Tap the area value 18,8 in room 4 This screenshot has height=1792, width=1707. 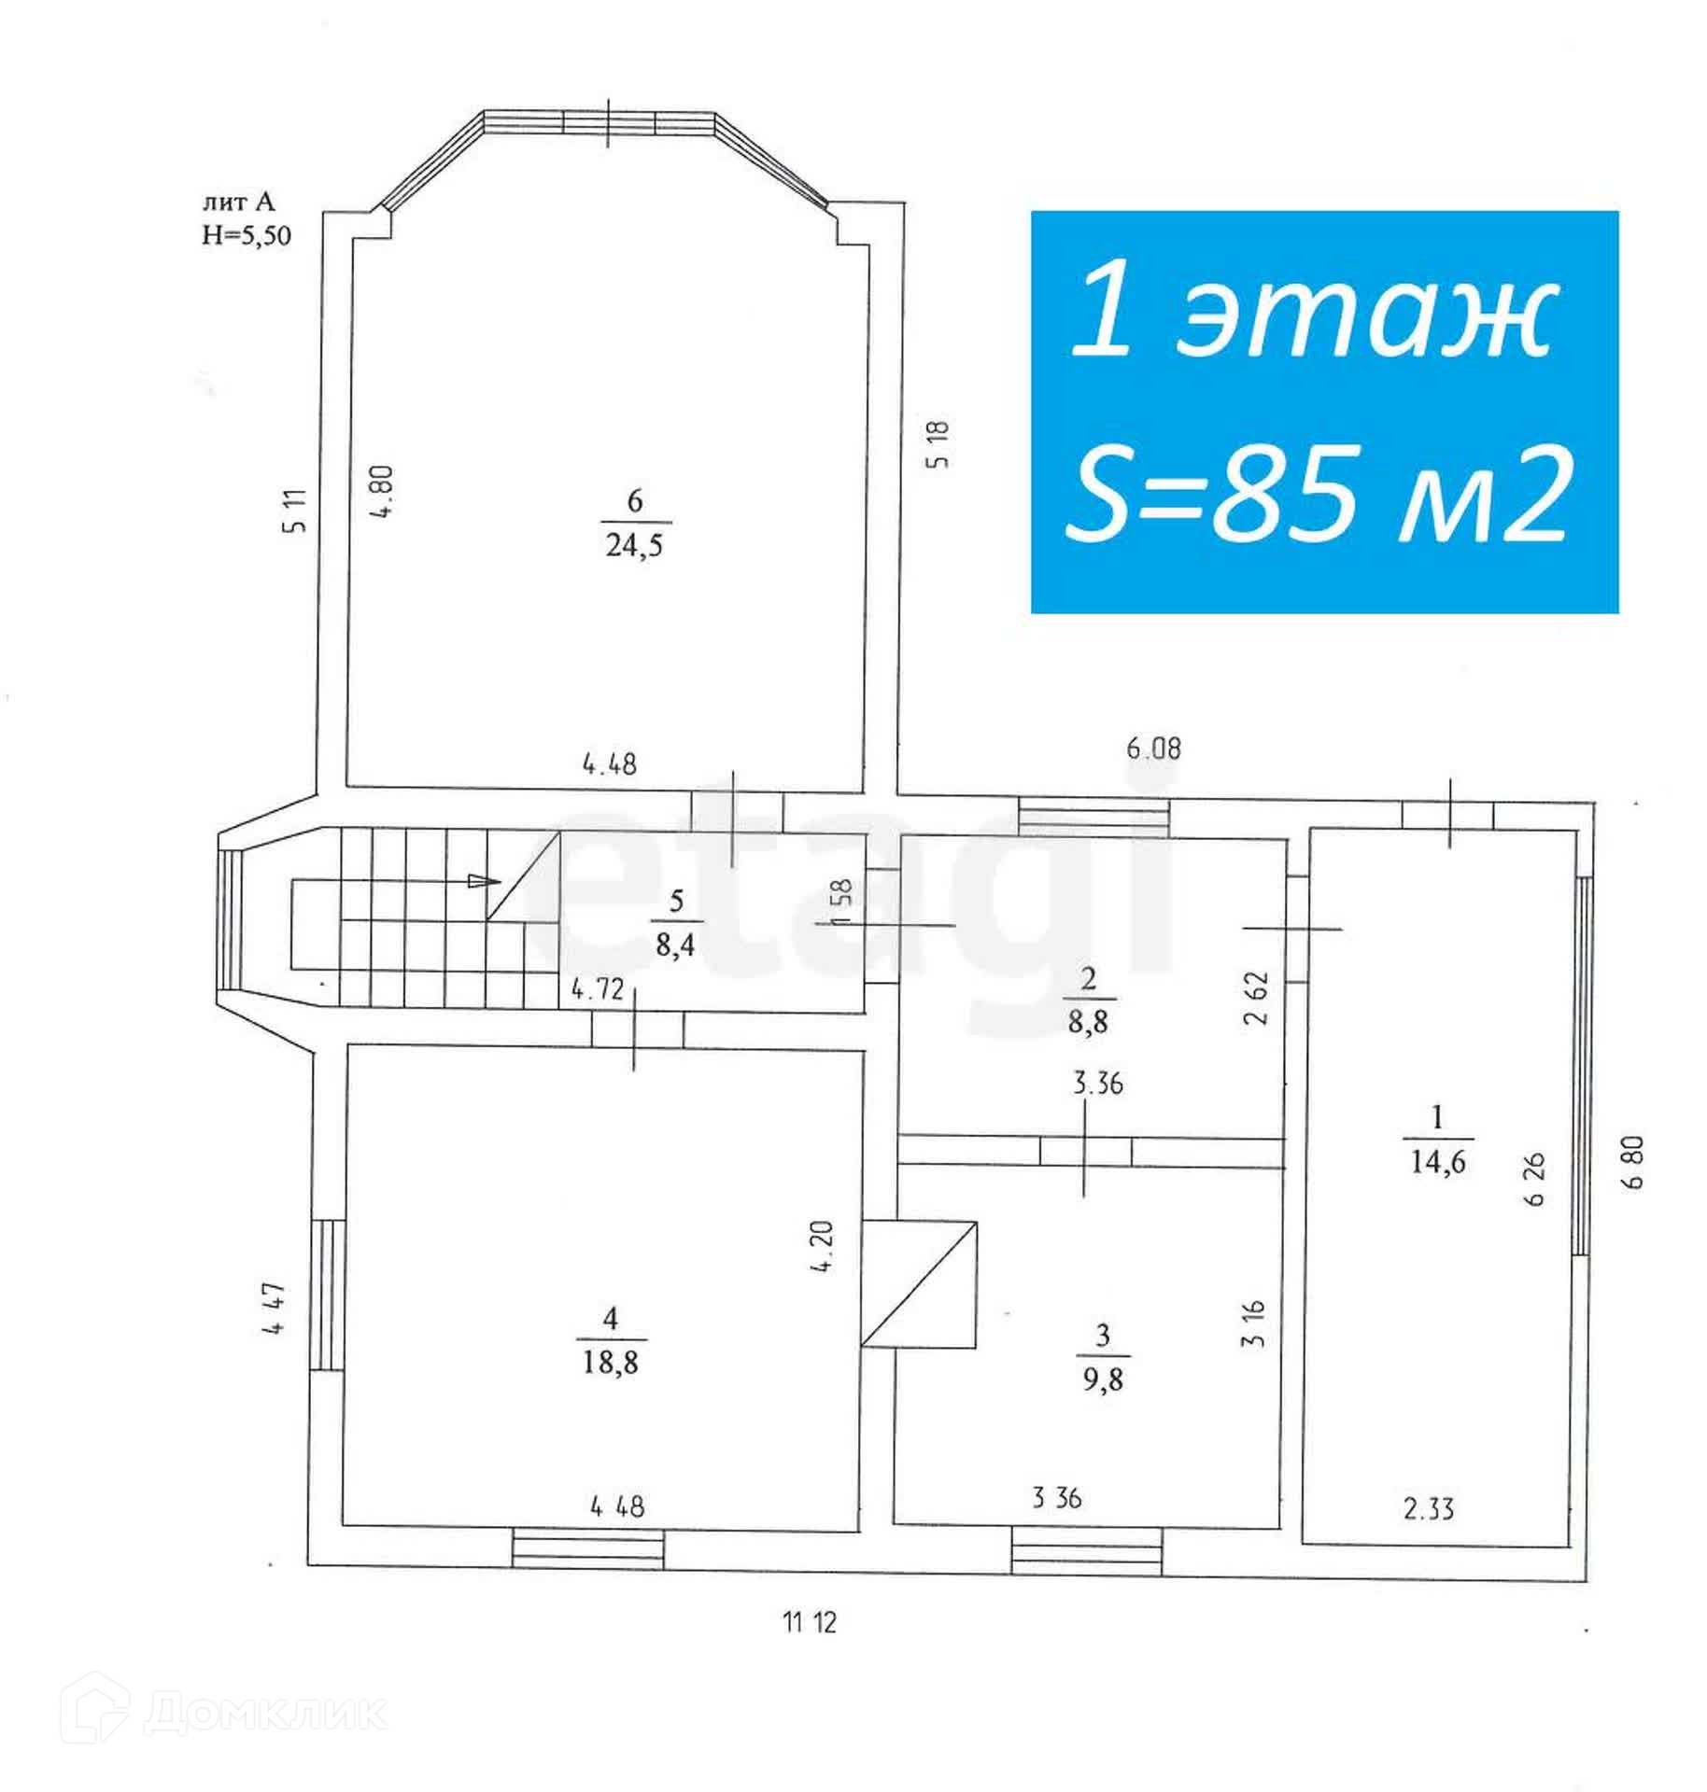click(611, 1363)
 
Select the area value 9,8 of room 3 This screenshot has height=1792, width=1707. click(1103, 1379)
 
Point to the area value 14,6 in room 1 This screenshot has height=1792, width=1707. click(1438, 1162)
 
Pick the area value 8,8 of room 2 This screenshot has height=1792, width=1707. click(1088, 1021)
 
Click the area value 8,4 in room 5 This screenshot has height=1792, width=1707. click(677, 945)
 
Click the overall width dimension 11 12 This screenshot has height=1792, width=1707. click(810, 1623)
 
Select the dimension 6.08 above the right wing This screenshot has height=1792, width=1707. click(1154, 749)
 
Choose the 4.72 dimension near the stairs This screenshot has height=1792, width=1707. click(597, 989)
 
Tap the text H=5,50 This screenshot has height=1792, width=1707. click(247, 235)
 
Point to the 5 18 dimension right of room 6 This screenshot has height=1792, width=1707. click(939, 444)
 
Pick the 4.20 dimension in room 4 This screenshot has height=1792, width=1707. click(823, 1247)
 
